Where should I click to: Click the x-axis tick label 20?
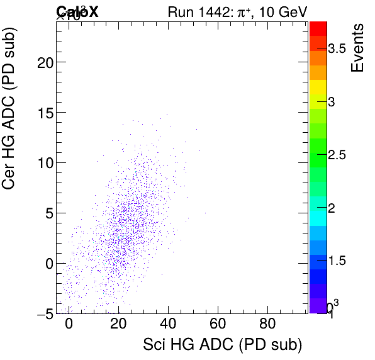coord(118,325)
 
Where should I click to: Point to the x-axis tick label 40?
coord(168,325)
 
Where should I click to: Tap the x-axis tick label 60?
coord(218,325)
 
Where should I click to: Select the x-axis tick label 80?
coord(267,325)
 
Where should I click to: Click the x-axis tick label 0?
coord(69,325)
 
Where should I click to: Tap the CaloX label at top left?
coord(77,11)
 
